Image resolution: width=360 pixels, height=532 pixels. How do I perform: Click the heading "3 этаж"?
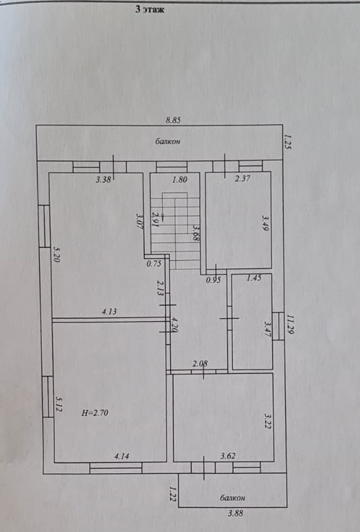[x=150, y=9]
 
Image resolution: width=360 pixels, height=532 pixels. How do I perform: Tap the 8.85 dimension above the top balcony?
[x=174, y=120]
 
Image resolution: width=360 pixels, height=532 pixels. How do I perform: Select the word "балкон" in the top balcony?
[x=167, y=141]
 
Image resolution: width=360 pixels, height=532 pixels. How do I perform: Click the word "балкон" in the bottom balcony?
[x=232, y=498]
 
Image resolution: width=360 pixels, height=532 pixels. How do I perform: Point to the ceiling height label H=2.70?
[x=96, y=413]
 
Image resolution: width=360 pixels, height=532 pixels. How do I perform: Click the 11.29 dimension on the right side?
[x=290, y=324]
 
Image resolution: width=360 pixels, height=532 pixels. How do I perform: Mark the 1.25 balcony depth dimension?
[x=288, y=142]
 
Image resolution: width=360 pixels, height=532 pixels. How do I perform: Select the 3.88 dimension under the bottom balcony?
[x=236, y=513]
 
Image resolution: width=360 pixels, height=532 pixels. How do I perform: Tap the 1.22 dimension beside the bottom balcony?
[x=173, y=494]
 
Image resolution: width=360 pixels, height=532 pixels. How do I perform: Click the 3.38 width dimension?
[x=103, y=180]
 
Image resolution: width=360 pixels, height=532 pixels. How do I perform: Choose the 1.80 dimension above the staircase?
[x=180, y=180]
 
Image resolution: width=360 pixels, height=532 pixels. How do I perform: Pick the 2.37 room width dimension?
[x=243, y=178]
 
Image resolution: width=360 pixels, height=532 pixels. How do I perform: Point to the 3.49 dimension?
[x=266, y=223]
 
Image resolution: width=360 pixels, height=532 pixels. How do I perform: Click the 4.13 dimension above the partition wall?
[x=109, y=311]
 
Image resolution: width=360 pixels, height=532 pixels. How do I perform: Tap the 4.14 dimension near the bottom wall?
[x=122, y=456]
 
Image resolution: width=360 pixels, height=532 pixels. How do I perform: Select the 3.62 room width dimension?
[x=228, y=456]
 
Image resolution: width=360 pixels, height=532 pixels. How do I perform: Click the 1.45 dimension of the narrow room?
[x=254, y=278]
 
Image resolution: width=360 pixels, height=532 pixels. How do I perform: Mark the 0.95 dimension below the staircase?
[x=214, y=280]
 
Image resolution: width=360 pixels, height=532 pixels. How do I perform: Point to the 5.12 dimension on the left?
[x=58, y=405]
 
